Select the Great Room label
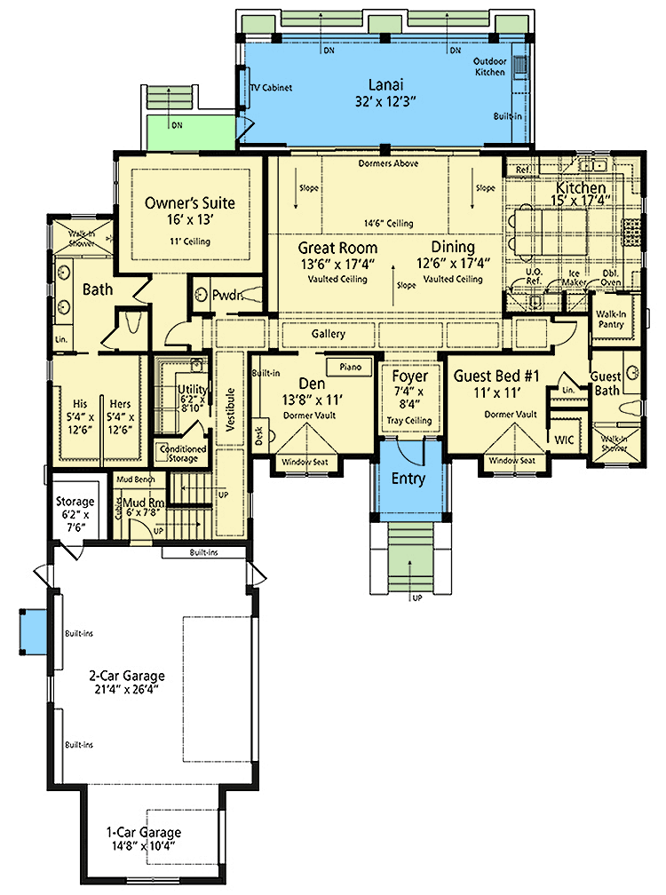pos(337,248)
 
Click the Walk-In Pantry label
pos(610,319)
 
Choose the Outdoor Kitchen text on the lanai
pos(488,67)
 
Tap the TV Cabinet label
pos(271,88)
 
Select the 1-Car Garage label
pos(143,832)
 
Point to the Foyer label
pos(409,376)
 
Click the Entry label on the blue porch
pos(409,479)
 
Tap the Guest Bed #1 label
pos(497,375)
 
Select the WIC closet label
pos(565,440)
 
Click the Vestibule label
pos(229,409)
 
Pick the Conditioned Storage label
pos(182,453)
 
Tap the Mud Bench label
pos(136,480)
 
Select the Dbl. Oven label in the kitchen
pos(609,277)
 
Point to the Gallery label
pos(328,333)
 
